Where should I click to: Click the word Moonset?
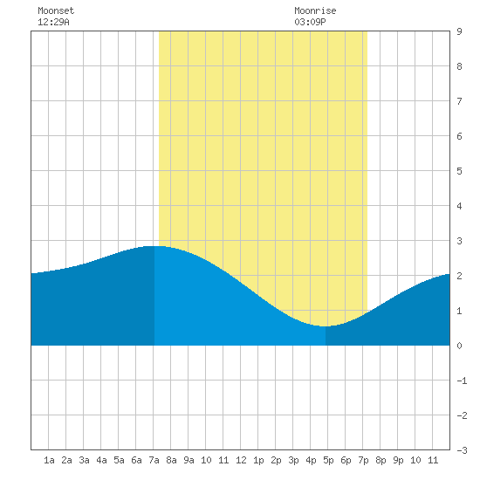coord(56,10)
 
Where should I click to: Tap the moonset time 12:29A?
coord(53,22)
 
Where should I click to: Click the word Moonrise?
coord(315,10)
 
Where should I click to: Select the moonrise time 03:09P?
coord(310,22)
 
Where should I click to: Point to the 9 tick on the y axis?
coord(459,31)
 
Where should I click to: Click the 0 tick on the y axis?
coord(459,346)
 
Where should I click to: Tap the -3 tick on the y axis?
coord(462,450)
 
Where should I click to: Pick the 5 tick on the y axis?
coord(459,171)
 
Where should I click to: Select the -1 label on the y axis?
coord(462,381)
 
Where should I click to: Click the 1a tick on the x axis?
coord(49,460)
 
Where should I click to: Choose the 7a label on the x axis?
coord(154,460)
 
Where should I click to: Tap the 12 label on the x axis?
coord(241,460)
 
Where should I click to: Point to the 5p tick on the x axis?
coord(328,460)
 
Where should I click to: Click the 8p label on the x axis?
coord(381,460)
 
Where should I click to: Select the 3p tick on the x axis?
coord(293,460)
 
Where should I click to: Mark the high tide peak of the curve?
coord(154,246)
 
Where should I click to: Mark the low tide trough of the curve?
coord(326,326)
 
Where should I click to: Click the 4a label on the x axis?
coord(101,460)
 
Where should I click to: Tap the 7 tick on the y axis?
coord(459,101)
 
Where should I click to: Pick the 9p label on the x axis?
coord(398,460)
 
